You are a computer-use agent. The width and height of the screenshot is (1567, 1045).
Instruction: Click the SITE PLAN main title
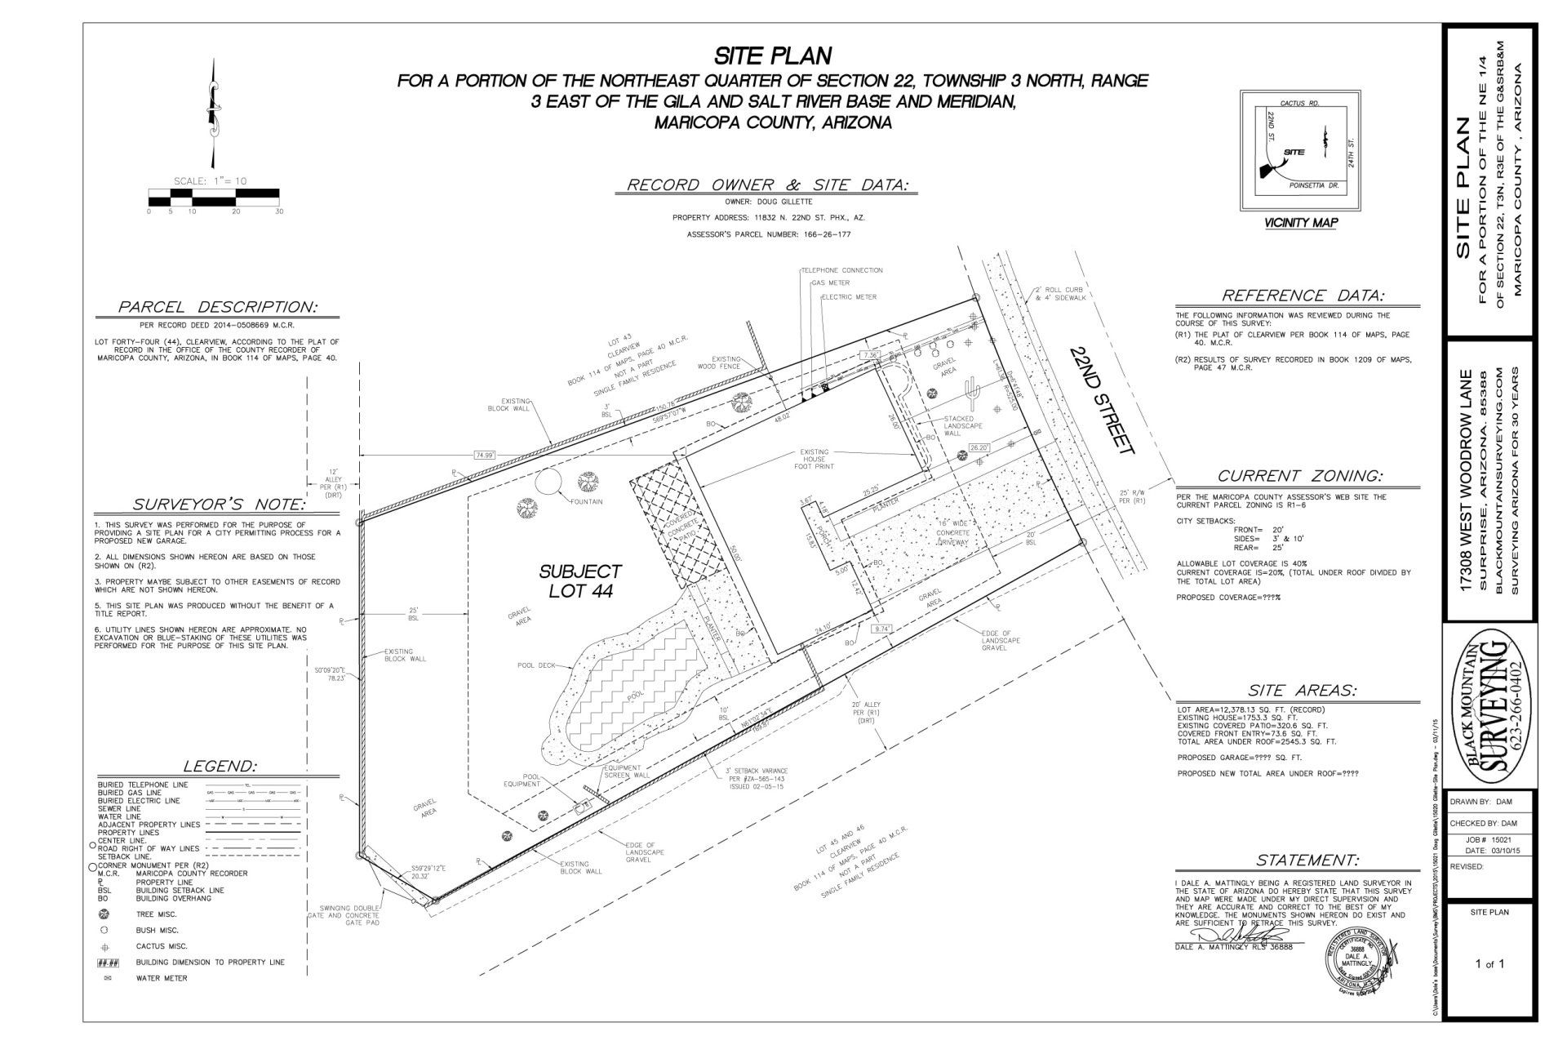(x=773, y=56)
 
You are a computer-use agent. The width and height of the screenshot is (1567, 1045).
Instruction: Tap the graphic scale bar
(x=214, y=197)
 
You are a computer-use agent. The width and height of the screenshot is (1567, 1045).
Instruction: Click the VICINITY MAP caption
(x=1301, y=223)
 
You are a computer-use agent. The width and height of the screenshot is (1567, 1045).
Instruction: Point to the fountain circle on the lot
(x=548, y=482)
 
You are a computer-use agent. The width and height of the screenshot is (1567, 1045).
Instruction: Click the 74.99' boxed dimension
(x=484, y=455)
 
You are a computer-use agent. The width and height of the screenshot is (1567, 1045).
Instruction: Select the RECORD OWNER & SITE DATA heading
(x=767, y=185)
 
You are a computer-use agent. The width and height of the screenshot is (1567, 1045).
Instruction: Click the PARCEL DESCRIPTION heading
(x=217, y=307)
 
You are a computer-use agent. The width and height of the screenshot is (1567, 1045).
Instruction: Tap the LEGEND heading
(x=220, y=766)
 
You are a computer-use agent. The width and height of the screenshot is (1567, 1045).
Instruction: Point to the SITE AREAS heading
(x=1303, y=691)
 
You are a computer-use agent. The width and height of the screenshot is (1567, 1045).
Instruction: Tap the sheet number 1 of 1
(x=1489, y=964)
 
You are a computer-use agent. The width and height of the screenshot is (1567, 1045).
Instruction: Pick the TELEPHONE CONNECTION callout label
(x=841, y=270)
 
